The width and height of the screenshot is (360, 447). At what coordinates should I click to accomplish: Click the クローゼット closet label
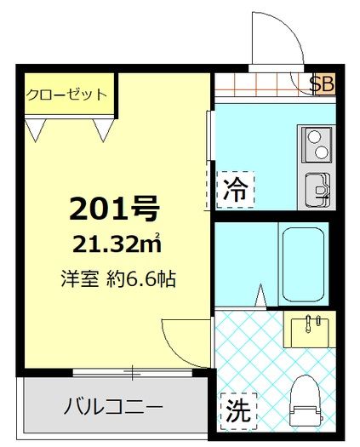[x=66, y=95]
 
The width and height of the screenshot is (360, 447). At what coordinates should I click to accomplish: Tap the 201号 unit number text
[x=114, y=209]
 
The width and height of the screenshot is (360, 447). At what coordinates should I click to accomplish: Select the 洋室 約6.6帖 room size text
[x=118, y=278]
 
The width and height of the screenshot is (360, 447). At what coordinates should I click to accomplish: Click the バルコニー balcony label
[x=113, y=406]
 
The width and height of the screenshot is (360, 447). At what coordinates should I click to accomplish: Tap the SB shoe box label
[x=322, y=83]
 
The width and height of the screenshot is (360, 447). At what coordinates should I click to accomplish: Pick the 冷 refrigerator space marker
[x=235, y=190]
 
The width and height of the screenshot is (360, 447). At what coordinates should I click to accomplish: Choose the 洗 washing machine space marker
[x=238, y=411]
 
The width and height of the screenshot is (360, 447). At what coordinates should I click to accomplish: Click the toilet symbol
[x=306, y=404]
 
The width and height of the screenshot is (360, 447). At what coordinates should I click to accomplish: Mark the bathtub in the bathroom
[x=303, y=264]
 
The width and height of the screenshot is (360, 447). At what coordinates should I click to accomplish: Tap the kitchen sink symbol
[x=317, y=189]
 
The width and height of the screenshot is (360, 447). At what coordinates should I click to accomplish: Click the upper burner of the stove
[x=313, y=136]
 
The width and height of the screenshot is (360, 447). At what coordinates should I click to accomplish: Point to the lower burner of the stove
[x=322, y=152]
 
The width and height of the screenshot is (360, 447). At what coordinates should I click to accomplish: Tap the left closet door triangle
[x=36, y=130]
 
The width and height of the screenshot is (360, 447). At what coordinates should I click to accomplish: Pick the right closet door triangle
[x=104, y=130]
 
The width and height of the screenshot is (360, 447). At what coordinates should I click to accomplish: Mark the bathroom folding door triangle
[x=260, y=295]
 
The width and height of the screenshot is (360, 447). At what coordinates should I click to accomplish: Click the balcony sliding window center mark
[x=132, y=372]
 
